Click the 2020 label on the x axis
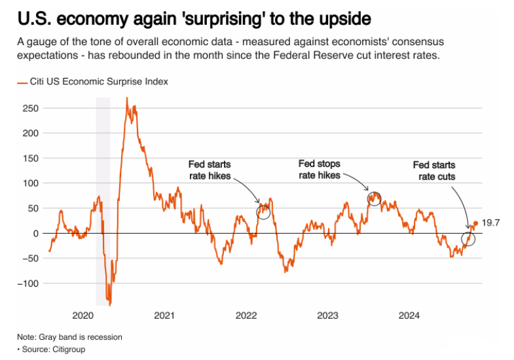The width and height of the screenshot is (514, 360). [83, 315]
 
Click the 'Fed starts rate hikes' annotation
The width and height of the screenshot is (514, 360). [210, 170]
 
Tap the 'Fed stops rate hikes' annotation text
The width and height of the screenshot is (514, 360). [320, 169]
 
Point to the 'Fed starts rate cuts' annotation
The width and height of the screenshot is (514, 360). [433, 171]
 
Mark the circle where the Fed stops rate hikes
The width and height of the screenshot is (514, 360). [374, 199]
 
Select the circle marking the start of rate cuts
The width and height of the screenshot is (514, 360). [468, 238]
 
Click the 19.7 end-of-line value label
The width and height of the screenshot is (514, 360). [491, 223]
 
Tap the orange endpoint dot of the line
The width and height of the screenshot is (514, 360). [476, 223]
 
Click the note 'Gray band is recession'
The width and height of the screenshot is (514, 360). [69, 337]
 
